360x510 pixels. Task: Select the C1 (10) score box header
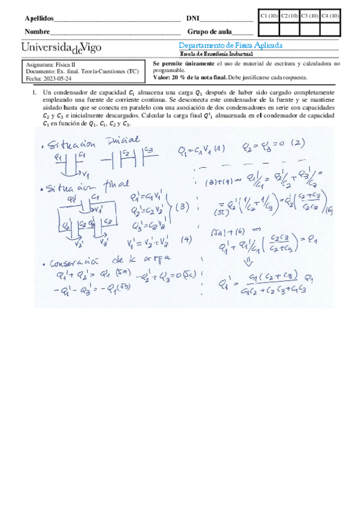pos(268,16)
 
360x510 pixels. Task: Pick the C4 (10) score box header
pos(330,16)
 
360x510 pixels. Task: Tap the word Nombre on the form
pos(37,32)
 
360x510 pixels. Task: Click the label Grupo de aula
pos(210,32)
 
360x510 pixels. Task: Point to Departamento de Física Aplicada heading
pos(231,46)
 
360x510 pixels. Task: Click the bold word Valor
pos(162,78)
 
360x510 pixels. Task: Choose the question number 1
pos(34,92)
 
